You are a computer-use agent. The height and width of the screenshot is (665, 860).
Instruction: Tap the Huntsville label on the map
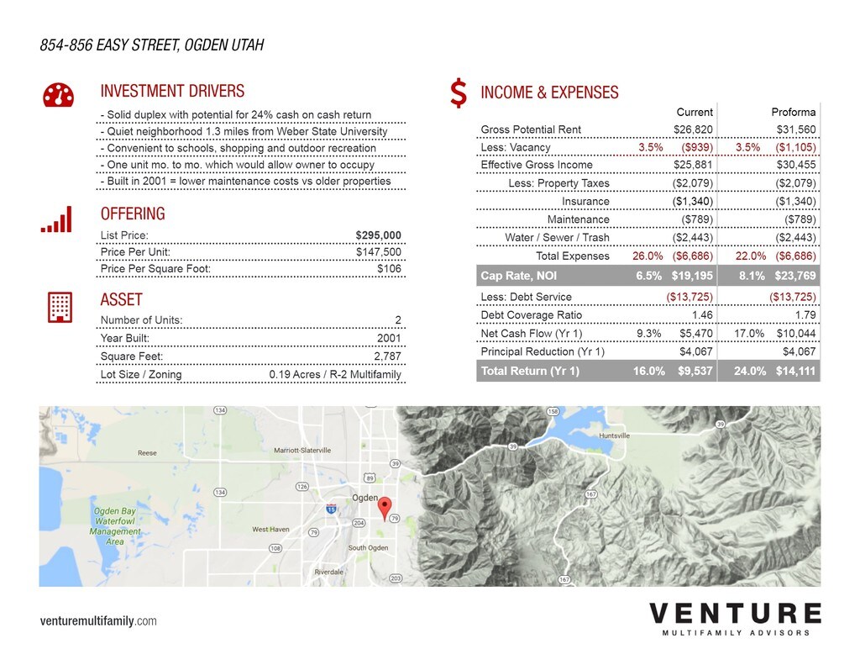click(x=615, y=436)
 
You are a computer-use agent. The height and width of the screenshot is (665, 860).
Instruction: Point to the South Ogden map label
click(x=368, y=548)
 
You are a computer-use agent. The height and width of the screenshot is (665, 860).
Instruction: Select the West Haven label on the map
click(x=270, y=530)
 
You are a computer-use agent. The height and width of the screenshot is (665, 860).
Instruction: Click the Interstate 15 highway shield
click(x=331, y=509)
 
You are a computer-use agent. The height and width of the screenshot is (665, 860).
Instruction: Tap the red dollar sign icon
click(x=459, y=93)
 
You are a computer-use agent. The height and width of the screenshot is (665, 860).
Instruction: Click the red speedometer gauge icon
click(x=58, y=96)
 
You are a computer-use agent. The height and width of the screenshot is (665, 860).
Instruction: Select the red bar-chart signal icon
click(x=57, y=219)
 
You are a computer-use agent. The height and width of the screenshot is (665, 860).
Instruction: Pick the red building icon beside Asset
click(x=59, y=306)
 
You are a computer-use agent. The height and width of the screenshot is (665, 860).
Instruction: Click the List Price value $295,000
click(x=378, y=235)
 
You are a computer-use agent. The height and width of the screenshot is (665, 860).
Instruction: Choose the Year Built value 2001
click(x=389, y=338)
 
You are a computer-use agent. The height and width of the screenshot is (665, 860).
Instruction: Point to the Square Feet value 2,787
click(x=387, y=356)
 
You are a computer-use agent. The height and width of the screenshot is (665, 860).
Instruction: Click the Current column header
click(x=695, y=112)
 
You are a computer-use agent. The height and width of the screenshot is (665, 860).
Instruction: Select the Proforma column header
click(x=793, y=112)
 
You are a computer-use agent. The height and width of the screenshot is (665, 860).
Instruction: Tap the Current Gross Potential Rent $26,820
click(x=693, y=129)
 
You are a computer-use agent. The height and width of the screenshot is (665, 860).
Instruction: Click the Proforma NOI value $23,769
click(x=795, y=275)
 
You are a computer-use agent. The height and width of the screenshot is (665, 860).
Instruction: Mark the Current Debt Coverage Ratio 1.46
click(x=701, y=315)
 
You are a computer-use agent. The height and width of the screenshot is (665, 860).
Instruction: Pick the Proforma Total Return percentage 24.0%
click(x=749, y=371)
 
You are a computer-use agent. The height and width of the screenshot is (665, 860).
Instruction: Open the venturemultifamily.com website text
click(x=98, y=621)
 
